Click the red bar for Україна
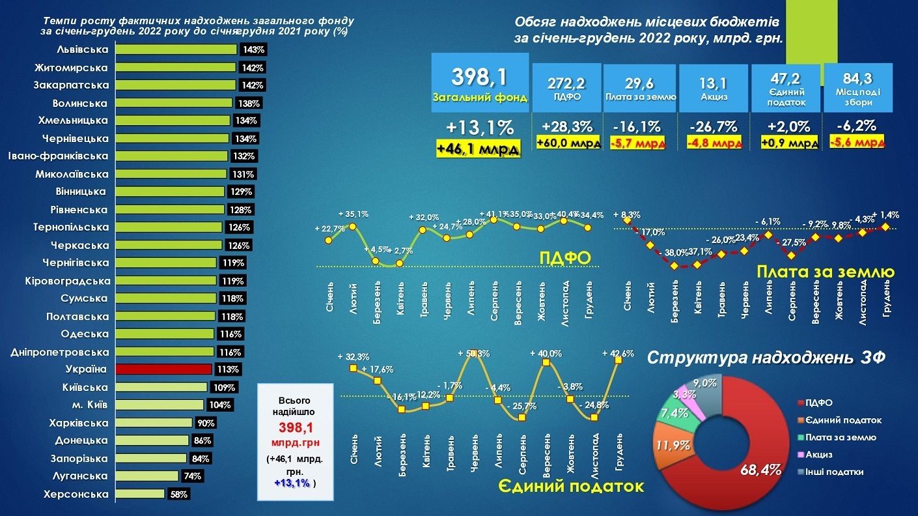pyautogui.click(x=163, y=369)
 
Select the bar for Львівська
pyautogui.click(x=176, y=50)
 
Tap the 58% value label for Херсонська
pyautogui.click(x=178, y=494)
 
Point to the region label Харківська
pyautogui.click(x=79, y=423)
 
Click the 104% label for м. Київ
pyautogui.click(x=221, y=405)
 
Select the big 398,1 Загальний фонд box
pyautogui.click(x=480, y=83)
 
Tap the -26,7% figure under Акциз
pyautogui.click(x=714, y=126)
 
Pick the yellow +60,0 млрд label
pyautogui.click(x=568, y=143)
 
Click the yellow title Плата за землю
pyautogui.click(x=825, y=272)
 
